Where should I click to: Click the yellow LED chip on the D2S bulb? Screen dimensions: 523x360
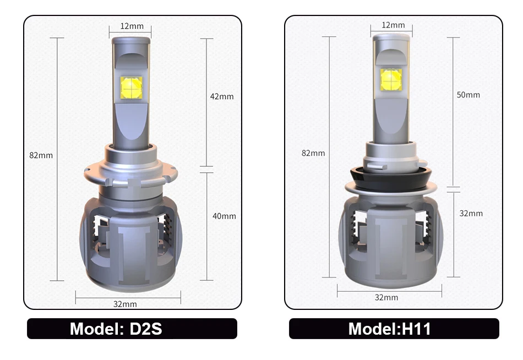(x=131, y=88)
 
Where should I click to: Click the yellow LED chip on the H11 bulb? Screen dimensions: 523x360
(x=391, y=80)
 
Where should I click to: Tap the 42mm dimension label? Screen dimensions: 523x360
(x=222, y=96)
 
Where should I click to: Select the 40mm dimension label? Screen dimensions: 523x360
(x=224, y=216)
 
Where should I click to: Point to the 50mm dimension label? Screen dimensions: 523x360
(x=468, y=95)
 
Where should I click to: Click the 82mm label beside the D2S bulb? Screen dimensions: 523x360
(x=41, y=155)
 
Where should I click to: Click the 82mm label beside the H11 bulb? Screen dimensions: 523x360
(x=313, y=153)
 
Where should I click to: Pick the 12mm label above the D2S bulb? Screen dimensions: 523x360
(x=132, y=26)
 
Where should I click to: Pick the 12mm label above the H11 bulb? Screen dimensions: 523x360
(x=393, y=25)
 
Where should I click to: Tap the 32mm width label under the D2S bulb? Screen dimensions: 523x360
(x=125, y=304)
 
